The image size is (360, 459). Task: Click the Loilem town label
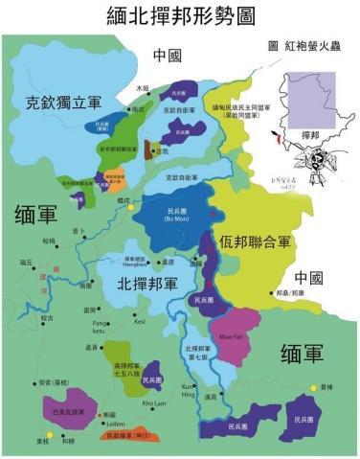click(116, 422)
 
